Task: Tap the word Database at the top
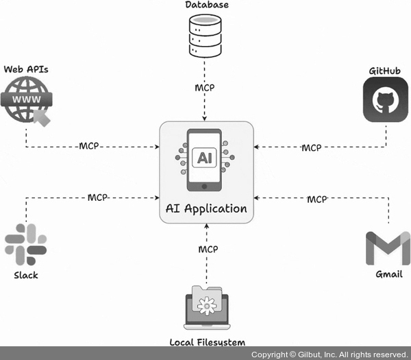pos(207,5)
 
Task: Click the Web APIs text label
pos(26,69)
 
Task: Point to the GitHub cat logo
pos(385,101)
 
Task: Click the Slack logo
pos(26,244)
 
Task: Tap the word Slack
pos(26,275)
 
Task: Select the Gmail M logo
pos(388,248)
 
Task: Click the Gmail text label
pos(389,275)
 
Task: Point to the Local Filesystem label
pos(207,341)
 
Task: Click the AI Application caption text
pos(207,208)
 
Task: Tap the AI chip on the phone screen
pos(205,158)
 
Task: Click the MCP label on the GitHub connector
pos(312,147)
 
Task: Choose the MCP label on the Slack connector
pos(98,197)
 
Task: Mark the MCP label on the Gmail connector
pos(316,199)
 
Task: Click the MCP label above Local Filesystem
pos(208,248)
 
